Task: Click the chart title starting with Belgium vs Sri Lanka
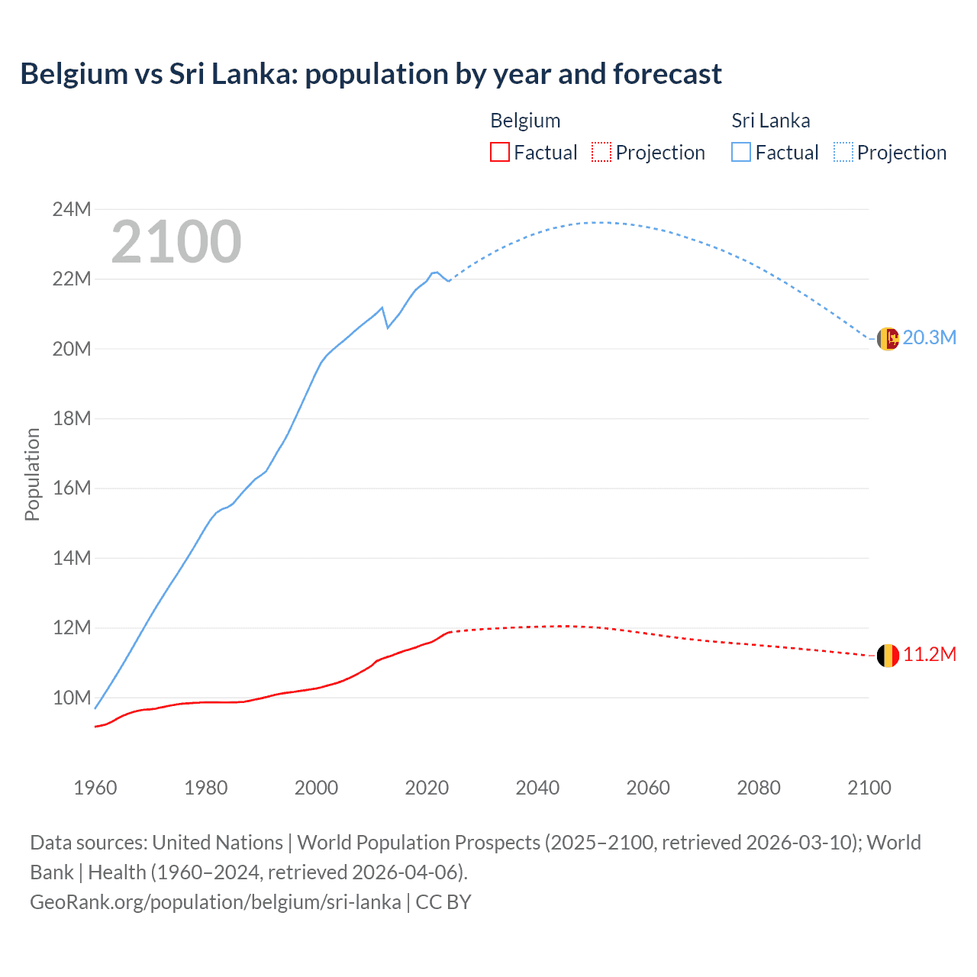coord(371,74)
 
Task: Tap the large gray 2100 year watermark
coord(176,242)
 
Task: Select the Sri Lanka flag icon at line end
coord(888,339)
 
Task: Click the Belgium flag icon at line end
coord(888,656)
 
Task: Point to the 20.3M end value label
coord(929,338)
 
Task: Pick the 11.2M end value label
coord(929,655)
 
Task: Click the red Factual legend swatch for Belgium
coord(499,153)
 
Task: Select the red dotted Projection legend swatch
coord(601,153)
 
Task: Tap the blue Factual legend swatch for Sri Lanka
coord(741,153)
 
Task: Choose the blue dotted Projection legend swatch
coord(843,153)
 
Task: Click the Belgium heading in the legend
coord(525,121)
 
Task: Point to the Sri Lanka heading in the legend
coord(770,121)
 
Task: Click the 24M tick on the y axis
coord(72,209)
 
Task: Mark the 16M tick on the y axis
coord(72,488)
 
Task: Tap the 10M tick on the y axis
coord(72,698)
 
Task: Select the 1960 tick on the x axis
coord(95,788)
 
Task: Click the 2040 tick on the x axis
coord(537,788)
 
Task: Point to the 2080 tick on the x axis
coord(759,788)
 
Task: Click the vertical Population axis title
coord(32,474)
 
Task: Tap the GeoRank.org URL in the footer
coord(215,902)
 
